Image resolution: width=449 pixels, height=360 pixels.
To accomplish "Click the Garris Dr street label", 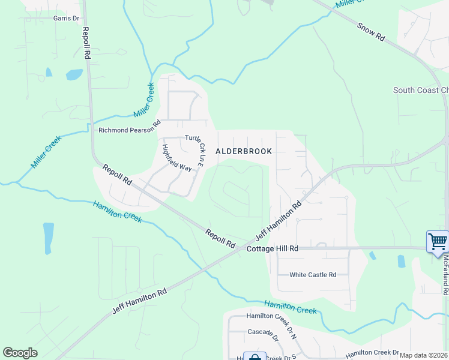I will click(x=66, y=18).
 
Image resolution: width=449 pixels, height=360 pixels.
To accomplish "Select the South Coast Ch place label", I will click(x=420, y=91).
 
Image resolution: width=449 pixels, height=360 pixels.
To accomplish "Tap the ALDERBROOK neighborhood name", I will click(x=244, y=152).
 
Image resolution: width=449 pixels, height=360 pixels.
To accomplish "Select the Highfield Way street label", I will click(x=176, y=158).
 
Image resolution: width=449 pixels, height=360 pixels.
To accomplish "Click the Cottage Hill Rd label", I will click(x=273, y=248).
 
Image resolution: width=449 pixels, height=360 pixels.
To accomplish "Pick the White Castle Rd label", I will click(x=313, y=275).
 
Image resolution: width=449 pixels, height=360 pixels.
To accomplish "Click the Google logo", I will click(x=20, y=353).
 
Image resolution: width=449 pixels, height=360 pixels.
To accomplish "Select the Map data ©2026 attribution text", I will click(x=423, y=355).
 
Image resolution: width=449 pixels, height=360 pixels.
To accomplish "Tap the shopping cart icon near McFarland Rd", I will click(x=438, y=242).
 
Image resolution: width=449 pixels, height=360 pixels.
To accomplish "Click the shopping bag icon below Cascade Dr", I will click(x=255, y=357).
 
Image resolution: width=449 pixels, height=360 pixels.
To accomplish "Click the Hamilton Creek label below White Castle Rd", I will click(x=291, y=307).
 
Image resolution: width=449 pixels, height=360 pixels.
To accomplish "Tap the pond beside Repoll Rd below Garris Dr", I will click(x=74, y=74).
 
